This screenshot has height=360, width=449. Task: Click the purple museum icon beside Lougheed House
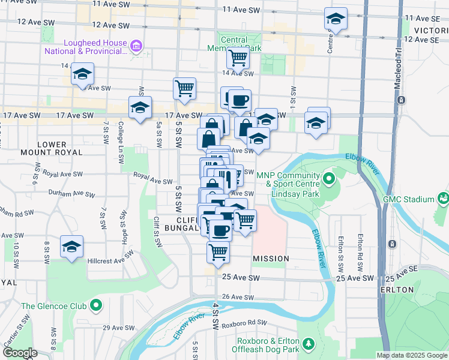click(x=136, y=46)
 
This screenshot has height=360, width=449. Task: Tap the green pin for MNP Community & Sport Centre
click(x=329, y=179)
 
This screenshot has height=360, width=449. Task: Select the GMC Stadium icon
click(x=443, y=199)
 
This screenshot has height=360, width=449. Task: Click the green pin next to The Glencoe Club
click(x=96, y=306)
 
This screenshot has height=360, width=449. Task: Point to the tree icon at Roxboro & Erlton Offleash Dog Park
click(x=309, y=344)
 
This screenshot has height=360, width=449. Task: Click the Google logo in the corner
click(x=20, y=353)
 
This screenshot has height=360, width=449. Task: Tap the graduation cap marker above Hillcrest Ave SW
click(x=71, y=247)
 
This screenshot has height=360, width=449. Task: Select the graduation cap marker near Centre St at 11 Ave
click(x=336, y=19)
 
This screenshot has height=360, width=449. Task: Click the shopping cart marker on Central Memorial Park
click(x=238, y=59)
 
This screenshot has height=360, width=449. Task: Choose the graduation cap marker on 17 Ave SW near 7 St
click(x=140, y=108)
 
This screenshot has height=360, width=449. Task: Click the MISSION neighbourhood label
click(x=271, y=259)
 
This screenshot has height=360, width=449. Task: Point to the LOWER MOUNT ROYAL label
click(x=59, y=148)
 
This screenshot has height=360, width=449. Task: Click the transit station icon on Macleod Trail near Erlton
click(x=391, y=244)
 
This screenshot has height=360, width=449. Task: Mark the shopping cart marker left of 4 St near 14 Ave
click(x=184, y=88)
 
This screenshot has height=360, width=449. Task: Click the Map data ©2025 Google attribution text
click(x=412, y=355)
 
